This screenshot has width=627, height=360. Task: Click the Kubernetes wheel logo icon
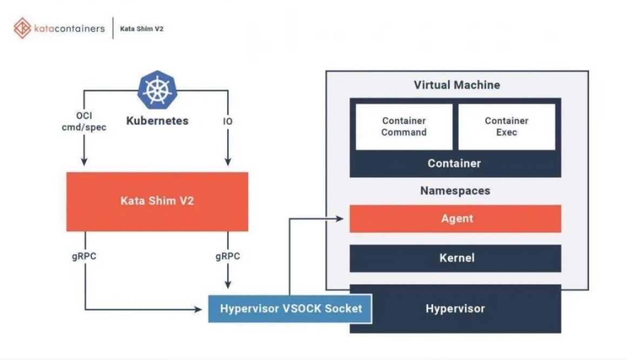click(157, 90)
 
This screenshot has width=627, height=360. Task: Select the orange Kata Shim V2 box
click(157, 202)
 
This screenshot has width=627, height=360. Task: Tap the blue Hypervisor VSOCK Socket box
click(290, 309)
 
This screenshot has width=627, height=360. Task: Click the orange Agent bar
click(455, 218)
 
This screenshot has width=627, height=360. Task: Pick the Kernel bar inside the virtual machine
click(455, 258)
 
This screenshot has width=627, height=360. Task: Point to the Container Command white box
click(404, 126)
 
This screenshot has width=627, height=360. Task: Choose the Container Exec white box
click(506, 126)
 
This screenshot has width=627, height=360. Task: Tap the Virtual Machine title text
click(457, 85)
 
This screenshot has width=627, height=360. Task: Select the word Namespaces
click(455, 191)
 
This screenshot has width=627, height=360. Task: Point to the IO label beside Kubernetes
click(228, 122)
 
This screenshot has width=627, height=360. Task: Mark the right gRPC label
click(228, 256)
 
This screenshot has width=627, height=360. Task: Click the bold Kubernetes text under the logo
click(157, 121)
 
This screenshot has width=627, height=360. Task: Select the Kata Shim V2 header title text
click(142, 29)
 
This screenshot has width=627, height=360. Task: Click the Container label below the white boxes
click(454, 163)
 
